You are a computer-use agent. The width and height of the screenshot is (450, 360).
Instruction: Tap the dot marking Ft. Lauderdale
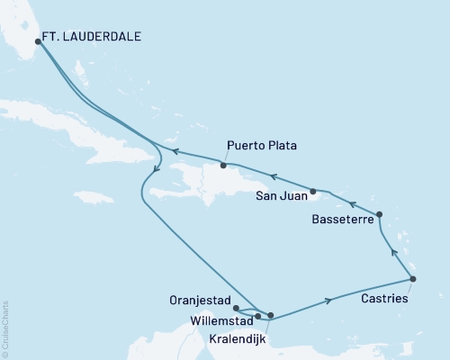(x=38, y=40)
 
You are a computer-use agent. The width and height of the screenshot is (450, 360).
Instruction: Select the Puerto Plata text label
(x=262, y=146)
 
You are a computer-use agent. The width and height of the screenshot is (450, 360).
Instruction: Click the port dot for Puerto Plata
(x=223, y=166)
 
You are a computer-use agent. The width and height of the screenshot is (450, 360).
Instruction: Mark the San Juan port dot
(x=313, y=191)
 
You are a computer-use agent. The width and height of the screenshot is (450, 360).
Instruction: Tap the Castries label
(x=385, y=297)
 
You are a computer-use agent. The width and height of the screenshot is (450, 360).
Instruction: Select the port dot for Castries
(x=412, y=279)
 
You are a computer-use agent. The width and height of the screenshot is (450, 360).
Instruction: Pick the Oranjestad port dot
(x=235, y=309)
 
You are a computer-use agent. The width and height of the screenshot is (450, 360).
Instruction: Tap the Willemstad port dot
(x=257, y=316)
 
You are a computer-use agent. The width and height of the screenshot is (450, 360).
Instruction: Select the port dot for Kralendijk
(x=271, y=315)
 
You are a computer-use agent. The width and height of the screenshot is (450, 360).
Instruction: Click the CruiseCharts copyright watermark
(x=5, y=328)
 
